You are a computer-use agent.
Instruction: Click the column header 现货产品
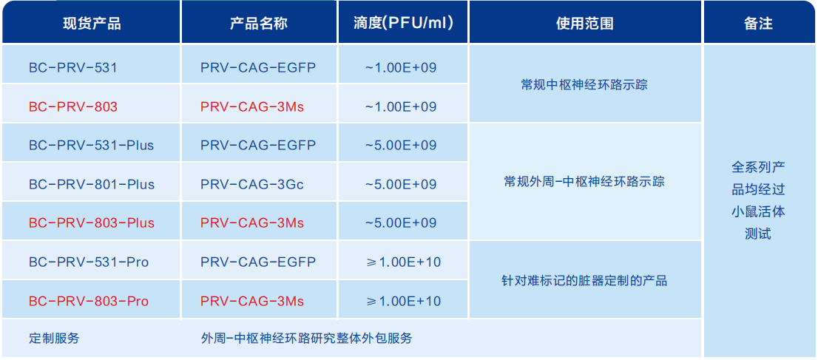pyautogui.click(x=92, y=24)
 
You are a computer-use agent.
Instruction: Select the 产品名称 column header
pyautogui.click(x=259, y=24)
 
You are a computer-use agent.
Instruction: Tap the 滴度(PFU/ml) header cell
pyautogui.click(x=403, y=24)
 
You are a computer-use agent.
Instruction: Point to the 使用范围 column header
pyautogui.click(x=585, y=24)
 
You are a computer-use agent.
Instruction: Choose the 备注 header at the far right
pyautogui.click(x=758, y=24)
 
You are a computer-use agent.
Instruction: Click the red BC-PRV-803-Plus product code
pyautogui.click(x=92, y=223)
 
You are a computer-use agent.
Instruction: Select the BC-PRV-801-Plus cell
pyautogui.click(x=92, y=184)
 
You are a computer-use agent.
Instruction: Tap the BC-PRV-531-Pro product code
pyautogui.click(x=89, y=262)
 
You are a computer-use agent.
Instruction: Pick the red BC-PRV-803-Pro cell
pyautogui.click(x=89, y=301)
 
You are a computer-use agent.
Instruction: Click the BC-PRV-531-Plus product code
pyautogui.click(x=92, y=145)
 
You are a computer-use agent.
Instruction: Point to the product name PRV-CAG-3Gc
pyautogui.click(x=252, y=184)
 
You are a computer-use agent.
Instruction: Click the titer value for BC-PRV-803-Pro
pyautogui.click(x=404, y=301)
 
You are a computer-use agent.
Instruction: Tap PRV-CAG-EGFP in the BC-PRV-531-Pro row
pyautogui.click(x=258, y=262)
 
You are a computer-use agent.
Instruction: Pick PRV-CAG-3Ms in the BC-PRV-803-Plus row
pyautogui.click(x=252, y=223)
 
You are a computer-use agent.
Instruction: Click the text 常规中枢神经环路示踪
pyautogui.click(x=584, y=84)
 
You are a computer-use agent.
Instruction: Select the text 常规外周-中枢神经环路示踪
pyautogui.click(x=584, y=182)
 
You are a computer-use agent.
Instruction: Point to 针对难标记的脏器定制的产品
pyautogui.click(x=584, y=281)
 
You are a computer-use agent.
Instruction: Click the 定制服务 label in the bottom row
pyautogui.click(x=54, y=338)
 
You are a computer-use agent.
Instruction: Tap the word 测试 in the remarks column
pyautogui.click(x=758, y=234)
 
